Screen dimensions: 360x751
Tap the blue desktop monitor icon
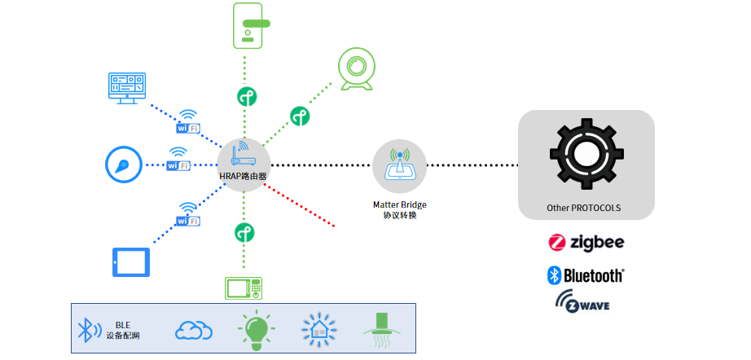(128, 86)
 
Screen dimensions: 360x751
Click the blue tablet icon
(131, 262)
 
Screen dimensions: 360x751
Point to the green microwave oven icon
(244, 288)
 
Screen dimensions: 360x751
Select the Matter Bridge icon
(399, 166)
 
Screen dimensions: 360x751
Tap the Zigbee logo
(586, 242)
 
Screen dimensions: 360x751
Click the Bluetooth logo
(586, 275)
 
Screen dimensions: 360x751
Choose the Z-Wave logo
(582, 303)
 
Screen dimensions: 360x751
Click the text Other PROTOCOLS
(584, 209)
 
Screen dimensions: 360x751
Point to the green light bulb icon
(256, 328)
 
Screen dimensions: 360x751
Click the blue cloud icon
(194, 329)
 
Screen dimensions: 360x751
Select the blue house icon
(318, 328)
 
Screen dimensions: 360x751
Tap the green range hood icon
(380, 329)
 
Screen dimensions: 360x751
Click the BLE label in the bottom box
(122, 325)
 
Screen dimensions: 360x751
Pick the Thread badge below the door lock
(247, 95)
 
